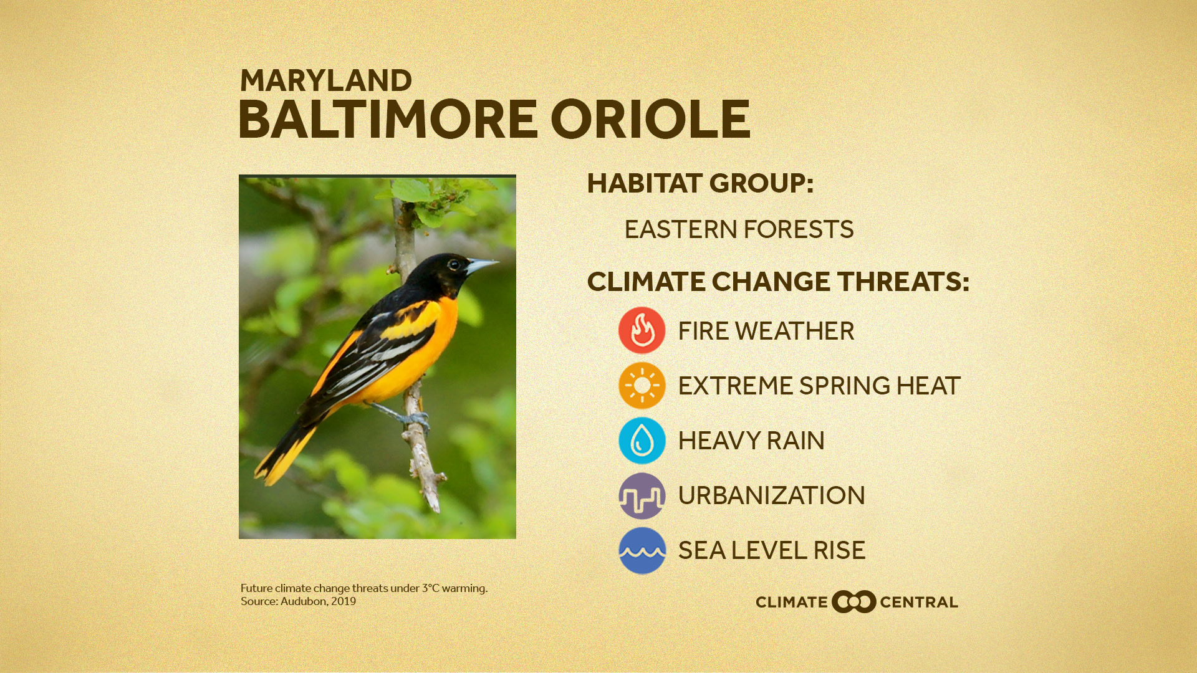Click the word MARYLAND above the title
[325, 81]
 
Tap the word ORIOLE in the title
[650, 120]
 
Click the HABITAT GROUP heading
[700, 183]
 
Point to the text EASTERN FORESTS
[739, 229]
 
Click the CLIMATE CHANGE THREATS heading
[777, 282]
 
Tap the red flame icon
[642, 330]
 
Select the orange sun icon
[642, 385]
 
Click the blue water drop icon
[642, 441]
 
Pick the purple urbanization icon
[642, 496]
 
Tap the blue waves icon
[642, 550]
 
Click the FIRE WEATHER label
[766, 331]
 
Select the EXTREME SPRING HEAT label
[819, 386]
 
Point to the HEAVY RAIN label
[751, 441]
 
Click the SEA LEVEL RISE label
[771, 551]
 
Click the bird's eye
[453, 264]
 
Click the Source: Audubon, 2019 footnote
[298, 601]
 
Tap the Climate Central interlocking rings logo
[853, 602]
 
